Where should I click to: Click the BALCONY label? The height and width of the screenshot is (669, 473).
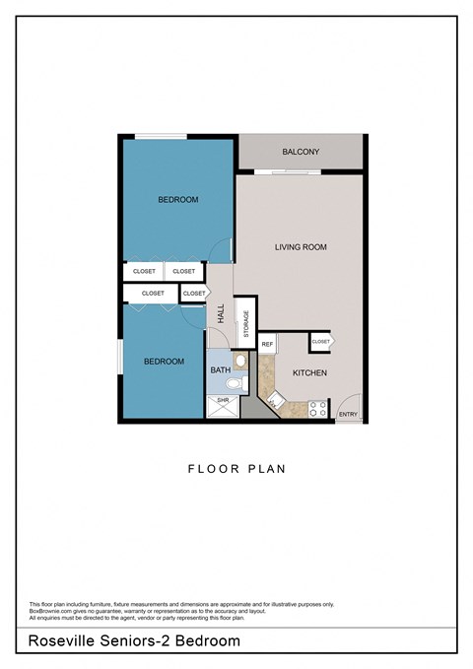301,152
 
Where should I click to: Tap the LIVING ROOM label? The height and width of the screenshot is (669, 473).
301,247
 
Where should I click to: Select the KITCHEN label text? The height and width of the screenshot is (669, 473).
309,373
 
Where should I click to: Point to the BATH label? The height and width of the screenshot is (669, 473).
219,369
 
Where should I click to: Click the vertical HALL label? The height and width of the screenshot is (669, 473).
221,313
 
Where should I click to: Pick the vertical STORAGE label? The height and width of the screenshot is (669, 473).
246,324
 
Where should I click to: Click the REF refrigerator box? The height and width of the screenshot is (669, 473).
267,344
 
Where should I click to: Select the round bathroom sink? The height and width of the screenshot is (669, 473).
239,361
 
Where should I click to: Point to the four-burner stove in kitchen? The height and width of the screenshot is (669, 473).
317,408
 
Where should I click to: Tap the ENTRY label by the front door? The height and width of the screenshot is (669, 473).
348,415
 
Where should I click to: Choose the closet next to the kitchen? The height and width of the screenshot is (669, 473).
321,341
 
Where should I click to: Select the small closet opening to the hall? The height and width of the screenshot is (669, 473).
194,293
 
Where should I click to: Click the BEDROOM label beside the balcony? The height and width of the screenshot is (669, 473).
177,200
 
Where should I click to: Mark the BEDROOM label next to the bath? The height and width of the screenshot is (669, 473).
164,362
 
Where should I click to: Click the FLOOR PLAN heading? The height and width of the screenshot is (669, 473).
236,469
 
